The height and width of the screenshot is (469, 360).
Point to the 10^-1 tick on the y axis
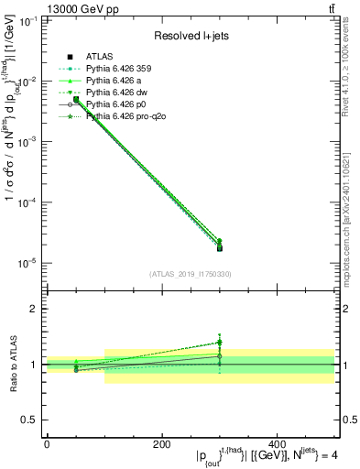click(28, 21)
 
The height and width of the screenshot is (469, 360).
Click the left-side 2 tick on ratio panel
click(36, 310)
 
